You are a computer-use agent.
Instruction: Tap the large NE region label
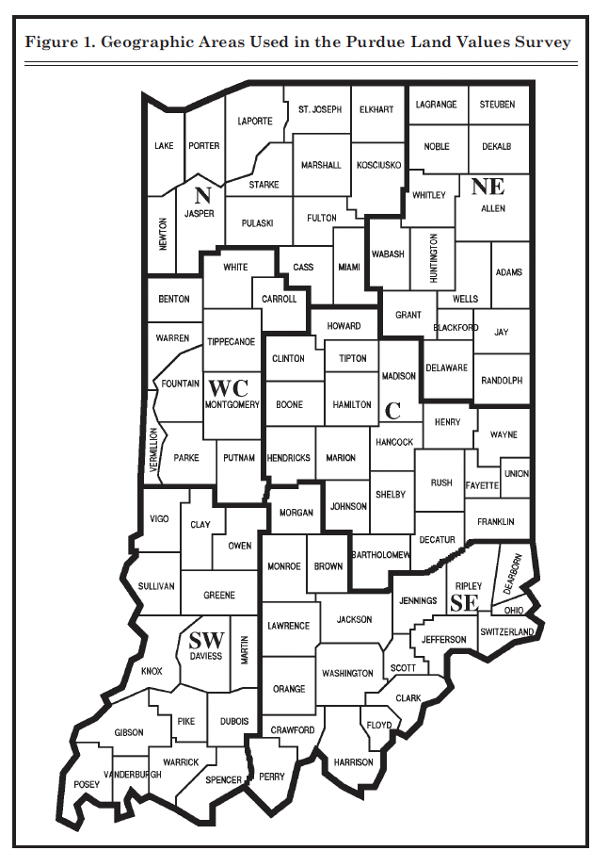pos(488,186)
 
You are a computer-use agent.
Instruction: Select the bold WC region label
pos(228,387)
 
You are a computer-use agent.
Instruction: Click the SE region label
pos(464,603)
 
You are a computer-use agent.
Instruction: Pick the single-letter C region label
pos(393,410)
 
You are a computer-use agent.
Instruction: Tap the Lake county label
pos(164,146)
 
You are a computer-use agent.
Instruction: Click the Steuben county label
pos(497,105)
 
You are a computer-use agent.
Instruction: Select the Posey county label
pos(87,785)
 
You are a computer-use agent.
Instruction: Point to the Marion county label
pos(341,458)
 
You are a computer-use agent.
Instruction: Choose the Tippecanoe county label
pos(232,341)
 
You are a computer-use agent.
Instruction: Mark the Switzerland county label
pos(506,631)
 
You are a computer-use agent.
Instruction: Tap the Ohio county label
pos(514,610)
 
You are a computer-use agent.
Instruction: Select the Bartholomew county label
pos(380,556)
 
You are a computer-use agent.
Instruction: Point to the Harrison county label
pos(354,761)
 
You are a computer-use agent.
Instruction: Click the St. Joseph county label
pos(320,109)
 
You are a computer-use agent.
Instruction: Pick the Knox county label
pos(152,671)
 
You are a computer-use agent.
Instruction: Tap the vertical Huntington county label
pos(434,258)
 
